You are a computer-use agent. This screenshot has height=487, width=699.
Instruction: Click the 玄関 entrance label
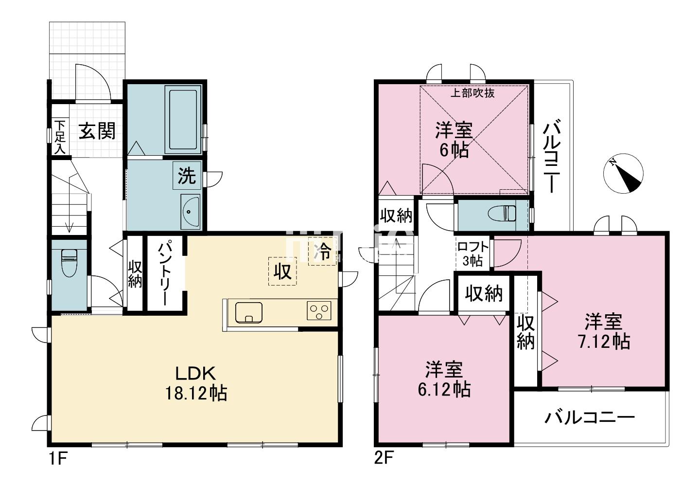click(x=97, y=131)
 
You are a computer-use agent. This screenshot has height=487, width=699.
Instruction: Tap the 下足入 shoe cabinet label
click(x=59, y=138)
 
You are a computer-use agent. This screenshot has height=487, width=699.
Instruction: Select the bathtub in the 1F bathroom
click(x=183, y=120)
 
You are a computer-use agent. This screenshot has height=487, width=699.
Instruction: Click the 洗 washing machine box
click(x=187, y=176)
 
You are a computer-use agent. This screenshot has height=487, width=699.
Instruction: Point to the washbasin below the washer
click(x=190, y=211)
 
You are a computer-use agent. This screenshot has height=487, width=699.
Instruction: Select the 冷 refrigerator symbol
click(x=322, y=252)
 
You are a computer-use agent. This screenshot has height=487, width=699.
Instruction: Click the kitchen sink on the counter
click(x=248, y=312)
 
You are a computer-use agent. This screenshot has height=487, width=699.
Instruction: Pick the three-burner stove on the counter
click(x=318, y=310)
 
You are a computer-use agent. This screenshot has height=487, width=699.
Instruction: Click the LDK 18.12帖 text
click(x=196, y=383)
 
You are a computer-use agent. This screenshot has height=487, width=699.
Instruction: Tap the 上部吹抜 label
click(x=472, y=93)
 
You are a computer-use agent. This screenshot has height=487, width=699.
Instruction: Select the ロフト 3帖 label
click(x=472, y=253)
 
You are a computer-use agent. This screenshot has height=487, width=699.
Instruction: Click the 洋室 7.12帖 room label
click(x=604, y=331)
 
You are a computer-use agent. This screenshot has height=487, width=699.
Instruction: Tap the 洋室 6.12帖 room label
click(x=444, y=379)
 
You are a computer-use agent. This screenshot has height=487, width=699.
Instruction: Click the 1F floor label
click(x=58, y=459)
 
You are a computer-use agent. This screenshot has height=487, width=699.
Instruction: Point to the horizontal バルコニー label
click(x=590, y=418)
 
